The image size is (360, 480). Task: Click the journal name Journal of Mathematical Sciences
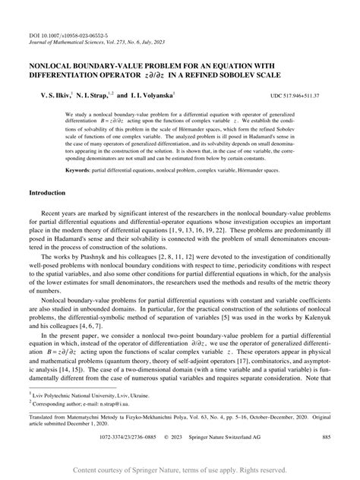[x=66, y=43]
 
